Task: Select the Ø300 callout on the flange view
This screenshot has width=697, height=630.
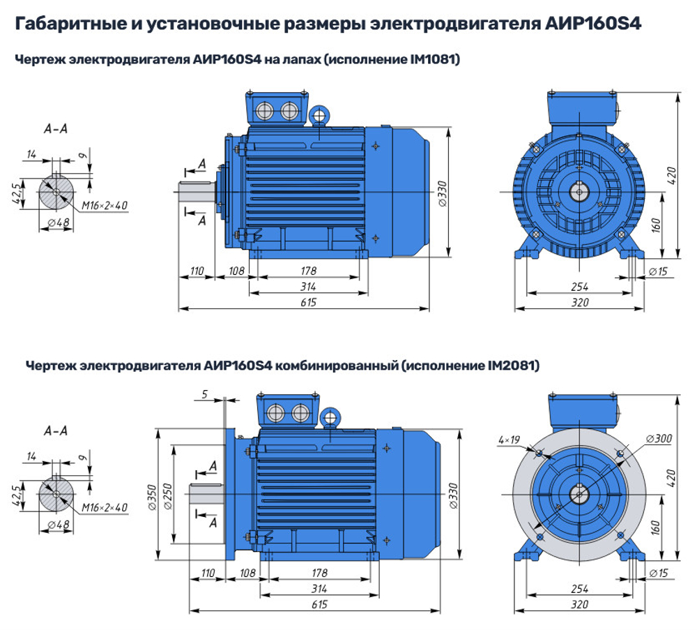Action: coord(659,439)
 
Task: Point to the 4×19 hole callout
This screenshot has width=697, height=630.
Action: coord(510,440)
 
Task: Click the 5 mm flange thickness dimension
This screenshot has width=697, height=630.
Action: coord(204,395)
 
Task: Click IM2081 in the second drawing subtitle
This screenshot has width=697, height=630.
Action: coord(510,365)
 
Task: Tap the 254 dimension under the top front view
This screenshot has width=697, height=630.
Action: coord(580,287)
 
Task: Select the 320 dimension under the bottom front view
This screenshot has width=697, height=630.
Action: coord(580,604)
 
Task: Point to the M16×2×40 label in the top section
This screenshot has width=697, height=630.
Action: coord(105,205)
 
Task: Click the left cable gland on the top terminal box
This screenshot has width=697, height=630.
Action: coord(265,111)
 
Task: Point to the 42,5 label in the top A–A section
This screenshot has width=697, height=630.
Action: coord(20,190)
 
